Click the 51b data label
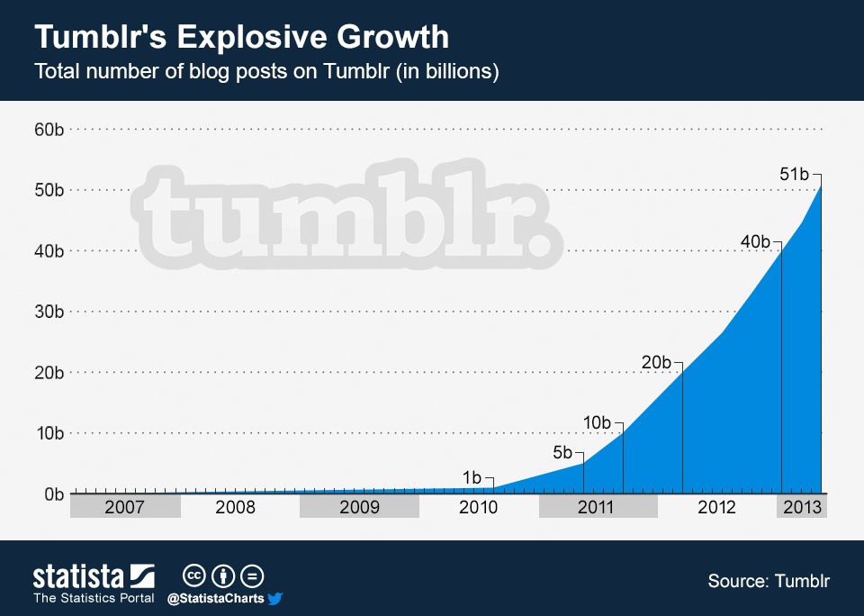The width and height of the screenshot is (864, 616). coord(795,175)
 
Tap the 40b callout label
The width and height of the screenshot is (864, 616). coord(754,241)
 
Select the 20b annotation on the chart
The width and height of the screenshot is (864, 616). coord(656,362)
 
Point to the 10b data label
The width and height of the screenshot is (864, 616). coord(597,422)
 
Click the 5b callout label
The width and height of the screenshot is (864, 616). coord(562,452)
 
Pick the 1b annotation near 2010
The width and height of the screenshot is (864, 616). coord(472,477)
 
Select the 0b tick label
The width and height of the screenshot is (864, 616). coord(52,494)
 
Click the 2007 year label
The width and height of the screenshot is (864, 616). coord(124,507)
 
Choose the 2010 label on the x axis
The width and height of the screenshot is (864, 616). coord(478,507)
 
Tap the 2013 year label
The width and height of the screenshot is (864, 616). coord(801,507)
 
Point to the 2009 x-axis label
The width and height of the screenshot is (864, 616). coord(358,507)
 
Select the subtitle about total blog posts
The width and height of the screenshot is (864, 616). coord(265,72)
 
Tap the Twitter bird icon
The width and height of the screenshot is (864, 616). coord(275,598)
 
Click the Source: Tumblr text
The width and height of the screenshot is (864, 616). coord(769,581)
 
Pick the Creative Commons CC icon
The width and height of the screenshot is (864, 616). coord(193,576)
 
